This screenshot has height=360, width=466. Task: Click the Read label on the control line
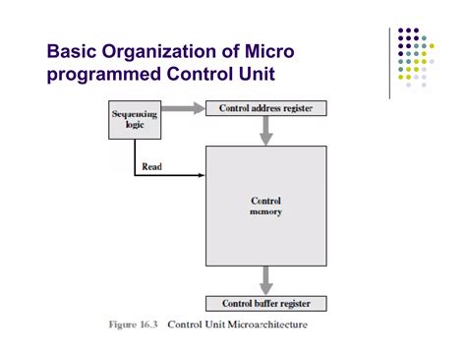pyautogui.click(x=152, y=167)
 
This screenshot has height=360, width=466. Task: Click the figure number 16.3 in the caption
pyautogui.click(x=151, y=324)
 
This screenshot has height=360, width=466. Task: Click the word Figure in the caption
pyautogui.click(x=121, y=324)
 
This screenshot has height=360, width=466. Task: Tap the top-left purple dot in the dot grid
pyautogui.click(x=400, y=31)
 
